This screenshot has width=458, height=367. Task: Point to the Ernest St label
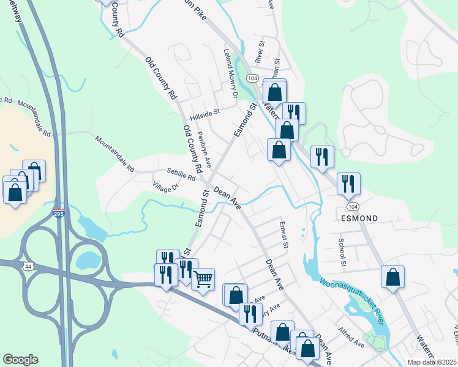[283, 234]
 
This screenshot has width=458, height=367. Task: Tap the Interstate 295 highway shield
[58, 212]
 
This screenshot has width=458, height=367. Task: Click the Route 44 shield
[28, 267]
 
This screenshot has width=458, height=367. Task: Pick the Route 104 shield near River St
[252, 78]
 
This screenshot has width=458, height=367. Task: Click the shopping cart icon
[203, 279]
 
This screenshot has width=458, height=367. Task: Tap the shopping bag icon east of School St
[392, 276]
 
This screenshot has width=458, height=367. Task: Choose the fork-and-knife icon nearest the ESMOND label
[348, 183]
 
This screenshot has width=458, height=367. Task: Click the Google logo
[20, 360]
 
